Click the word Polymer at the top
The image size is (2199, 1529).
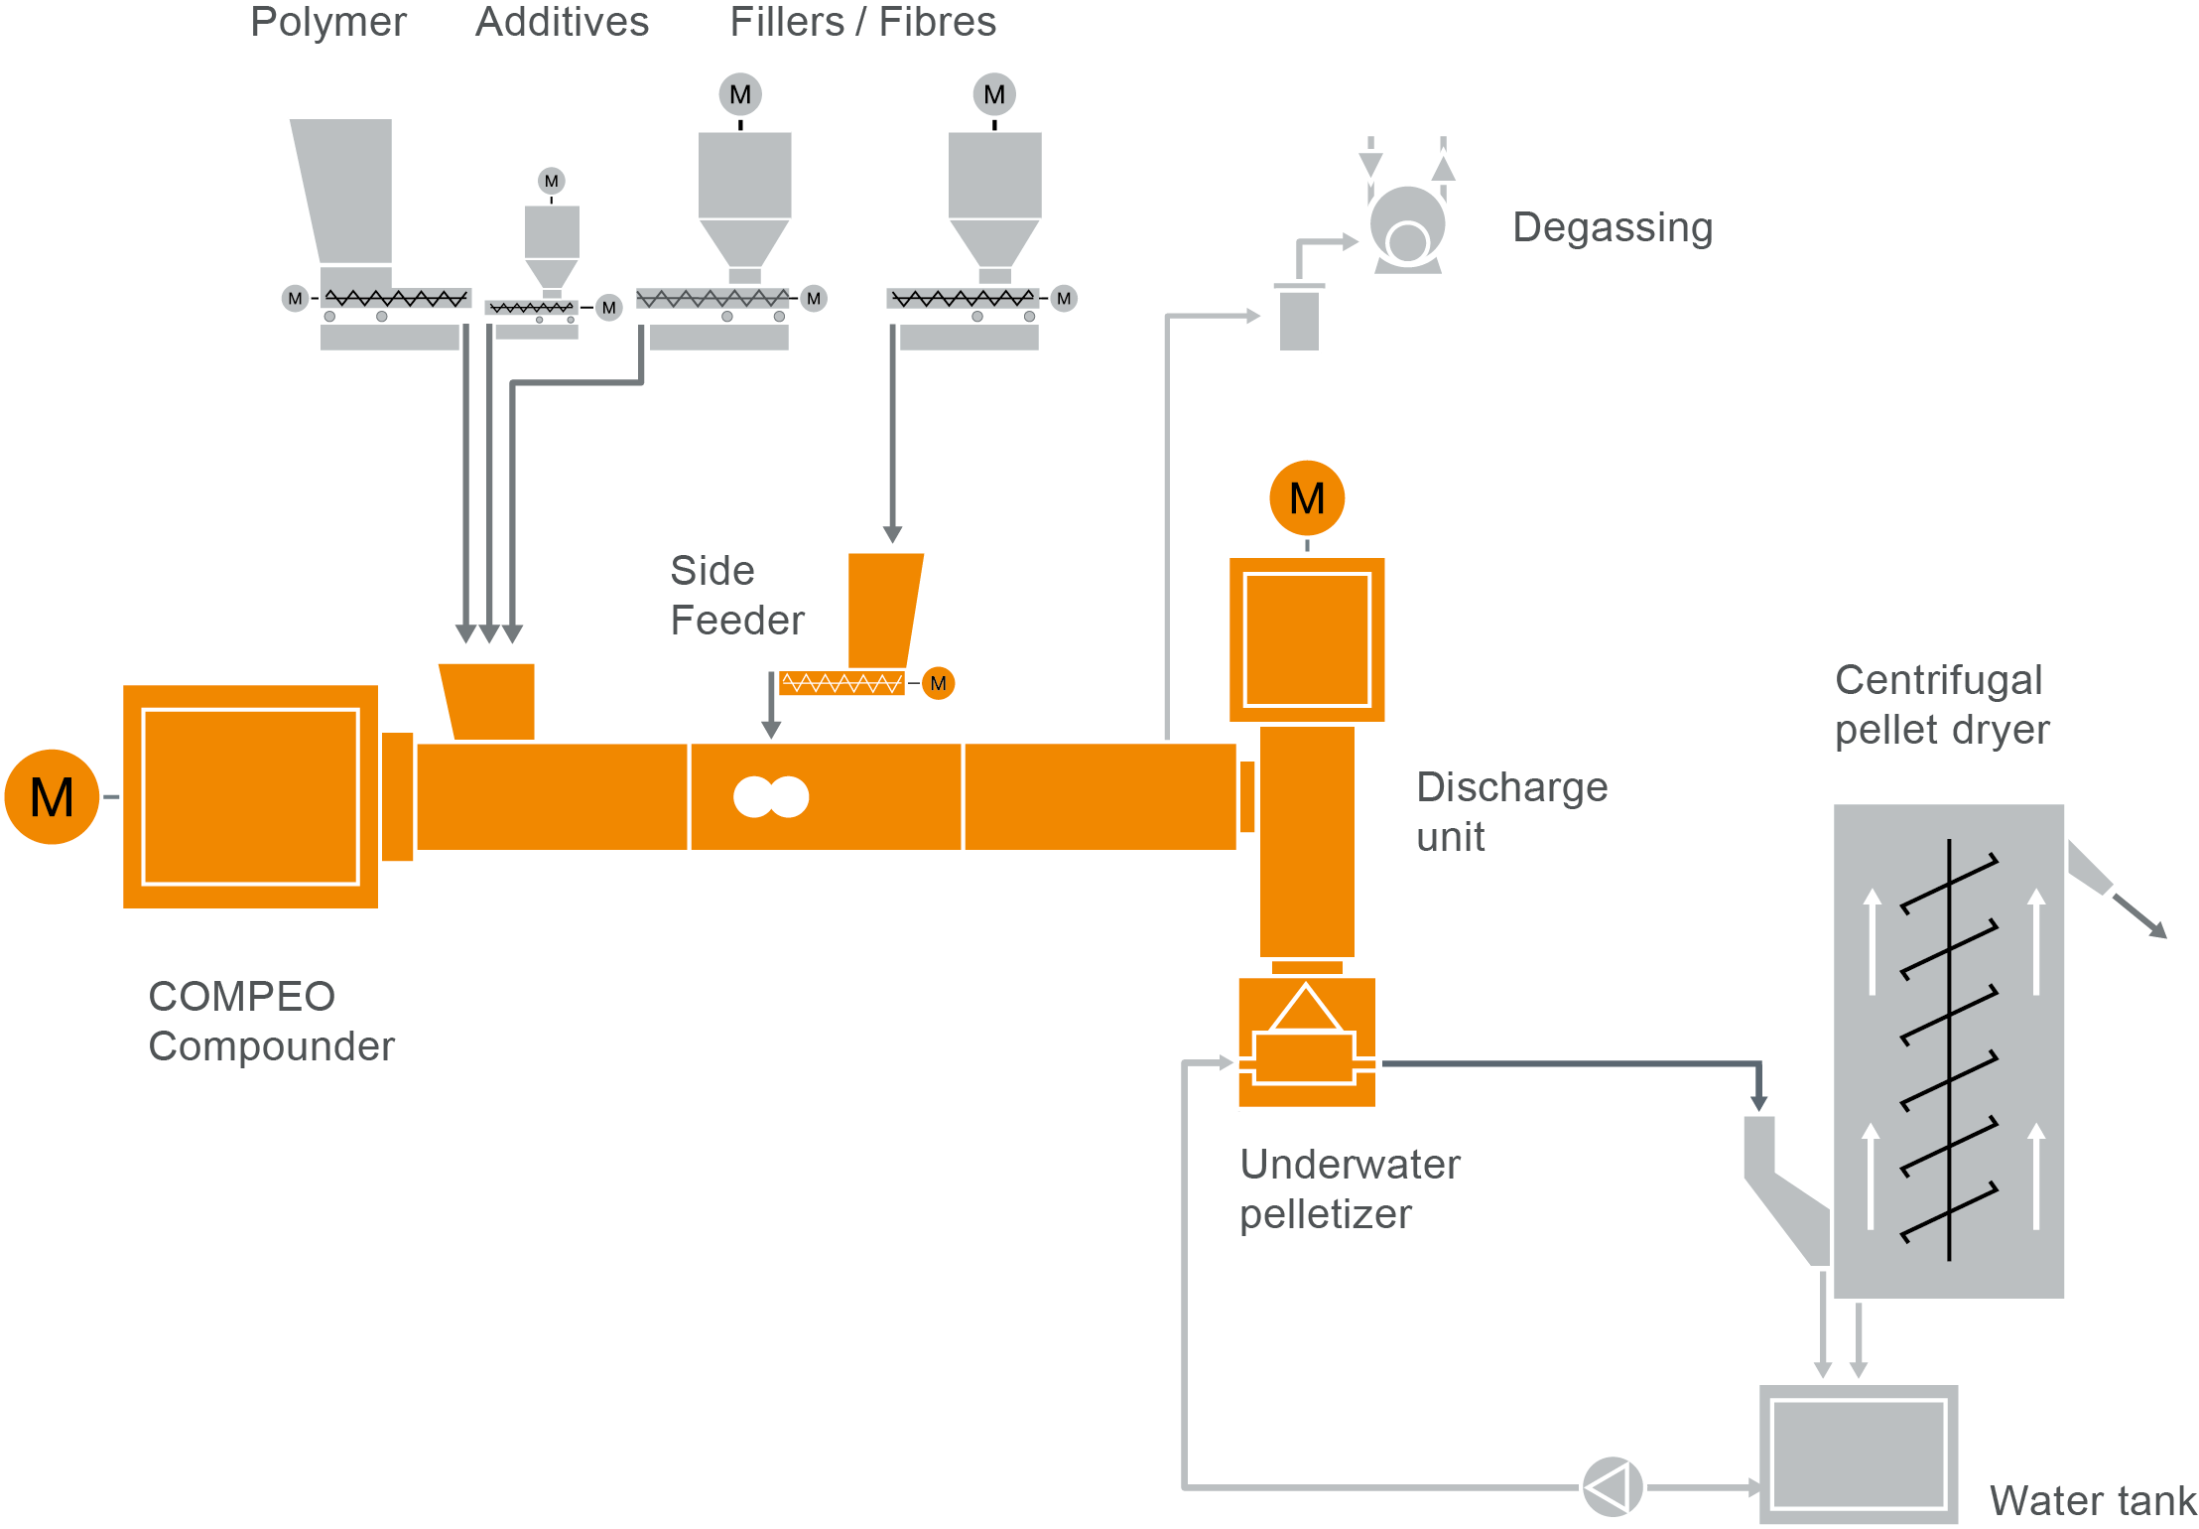pyautogui.click(x=327, y=22)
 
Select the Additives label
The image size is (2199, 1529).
pyautogui.click(x=562, y=22)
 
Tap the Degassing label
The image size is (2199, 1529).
pyautogui.click(x=1612, y=227)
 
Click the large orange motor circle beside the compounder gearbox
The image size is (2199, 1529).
pyautogui.click(x=52, y=796)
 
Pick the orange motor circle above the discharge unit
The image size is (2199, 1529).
pyautogui.click(x=1306, y=497)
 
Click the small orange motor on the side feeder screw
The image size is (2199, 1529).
pyautogui.click(x=938, y=683)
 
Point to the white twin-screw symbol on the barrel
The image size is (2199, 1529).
pyautogui.click(x=771, y=796)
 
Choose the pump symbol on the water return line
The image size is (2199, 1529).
pyautogui.click(x=1612, y=1486)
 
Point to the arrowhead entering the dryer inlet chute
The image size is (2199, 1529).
pyautogui.click(x=1758, y=1102)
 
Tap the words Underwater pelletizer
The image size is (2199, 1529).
pyautogui.click(x=1350, y=1188)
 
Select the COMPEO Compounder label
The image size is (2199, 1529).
pyautogui.click(x=271, y=1021)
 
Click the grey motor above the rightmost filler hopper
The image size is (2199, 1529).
pyautogui.click(x=994, y=94)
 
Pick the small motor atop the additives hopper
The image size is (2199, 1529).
pyautogui.click(x=551, y=181)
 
